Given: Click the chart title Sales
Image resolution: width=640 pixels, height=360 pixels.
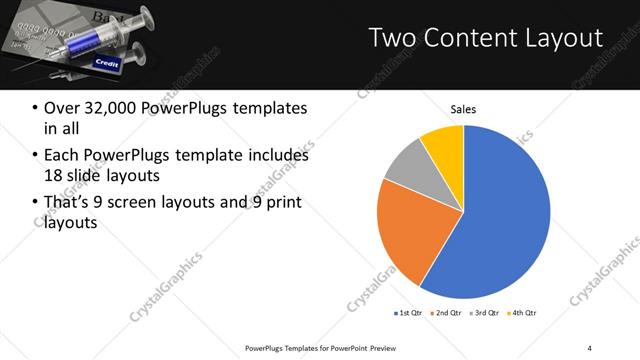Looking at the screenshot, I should [x=463, y=110].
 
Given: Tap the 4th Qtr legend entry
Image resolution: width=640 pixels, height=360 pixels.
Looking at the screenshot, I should [x=525, y=313].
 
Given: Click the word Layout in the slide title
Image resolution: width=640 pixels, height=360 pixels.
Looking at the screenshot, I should [x=559, y=39].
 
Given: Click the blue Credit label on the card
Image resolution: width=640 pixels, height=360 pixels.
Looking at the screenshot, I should [x=107, y=62].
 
